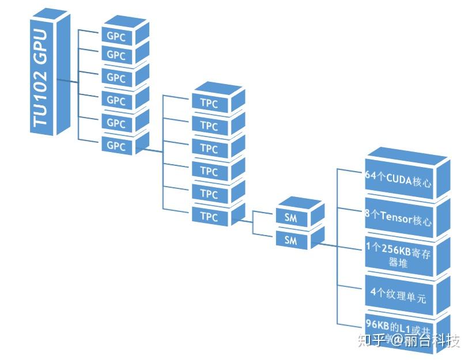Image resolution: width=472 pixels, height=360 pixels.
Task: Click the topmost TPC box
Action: pyautogui.click(x=209, y=104)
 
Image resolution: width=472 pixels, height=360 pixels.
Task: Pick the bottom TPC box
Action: pyautogui.click(x=209, y=217)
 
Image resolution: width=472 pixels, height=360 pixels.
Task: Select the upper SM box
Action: pyautogui.click(x=290, y=218)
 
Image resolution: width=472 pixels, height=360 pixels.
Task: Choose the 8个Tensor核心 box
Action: pyautogui.click(x=398, y=219)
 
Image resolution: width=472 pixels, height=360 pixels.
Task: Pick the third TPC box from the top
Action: pyautogui.click(x=209, y=149)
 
